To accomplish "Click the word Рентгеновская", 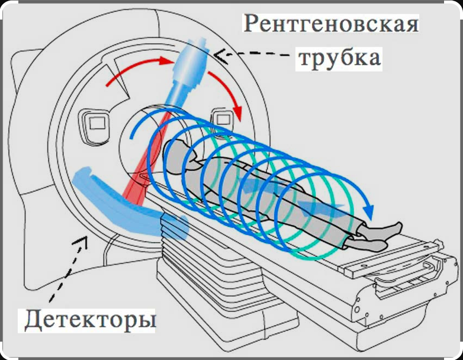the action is coord(332,24).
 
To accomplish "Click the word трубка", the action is coord(340,58).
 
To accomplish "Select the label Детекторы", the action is coord(90,320).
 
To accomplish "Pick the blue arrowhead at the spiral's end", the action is coord(368,210).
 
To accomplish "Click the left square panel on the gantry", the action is coord(95,126).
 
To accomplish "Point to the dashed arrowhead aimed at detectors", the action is coord(81,240).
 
